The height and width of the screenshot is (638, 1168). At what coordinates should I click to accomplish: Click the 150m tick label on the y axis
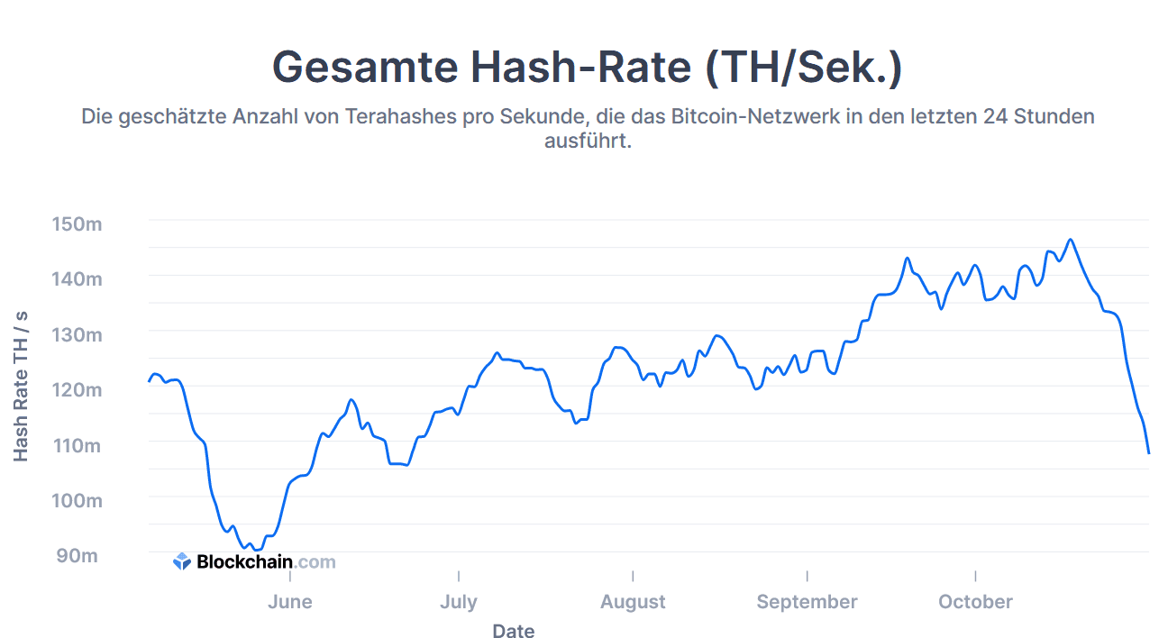(x=79, y=223)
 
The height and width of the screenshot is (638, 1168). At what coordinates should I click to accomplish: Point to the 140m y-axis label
(x=79, y=278)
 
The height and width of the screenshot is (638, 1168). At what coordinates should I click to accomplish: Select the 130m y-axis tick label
(x=79, y=334)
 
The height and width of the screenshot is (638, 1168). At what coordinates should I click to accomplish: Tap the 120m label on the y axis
(x=79, y=389)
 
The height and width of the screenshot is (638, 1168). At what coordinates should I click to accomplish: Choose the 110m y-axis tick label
(x=79, y=445)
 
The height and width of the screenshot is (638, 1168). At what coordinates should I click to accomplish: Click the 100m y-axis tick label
(x=79, y=500)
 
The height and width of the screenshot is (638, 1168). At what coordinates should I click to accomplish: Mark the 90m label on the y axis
(x=78, y=555)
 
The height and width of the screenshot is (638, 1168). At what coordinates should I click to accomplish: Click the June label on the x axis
(x=290, y=602)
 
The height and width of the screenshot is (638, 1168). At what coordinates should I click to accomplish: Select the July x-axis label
(x=459, y=602)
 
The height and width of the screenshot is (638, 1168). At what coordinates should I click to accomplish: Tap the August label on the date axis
(x=633, y=602)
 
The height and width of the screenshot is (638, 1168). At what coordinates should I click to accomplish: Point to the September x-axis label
(x=807, y=602)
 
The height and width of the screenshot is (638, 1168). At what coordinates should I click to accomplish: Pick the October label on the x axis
(x=975, y=602)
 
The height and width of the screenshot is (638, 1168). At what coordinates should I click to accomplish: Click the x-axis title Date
(x=513, y=631)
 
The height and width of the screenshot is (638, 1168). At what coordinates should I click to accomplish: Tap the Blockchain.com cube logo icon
(x=182, y=562)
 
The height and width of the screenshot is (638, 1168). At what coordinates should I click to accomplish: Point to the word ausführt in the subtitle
(x=588, y=141)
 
